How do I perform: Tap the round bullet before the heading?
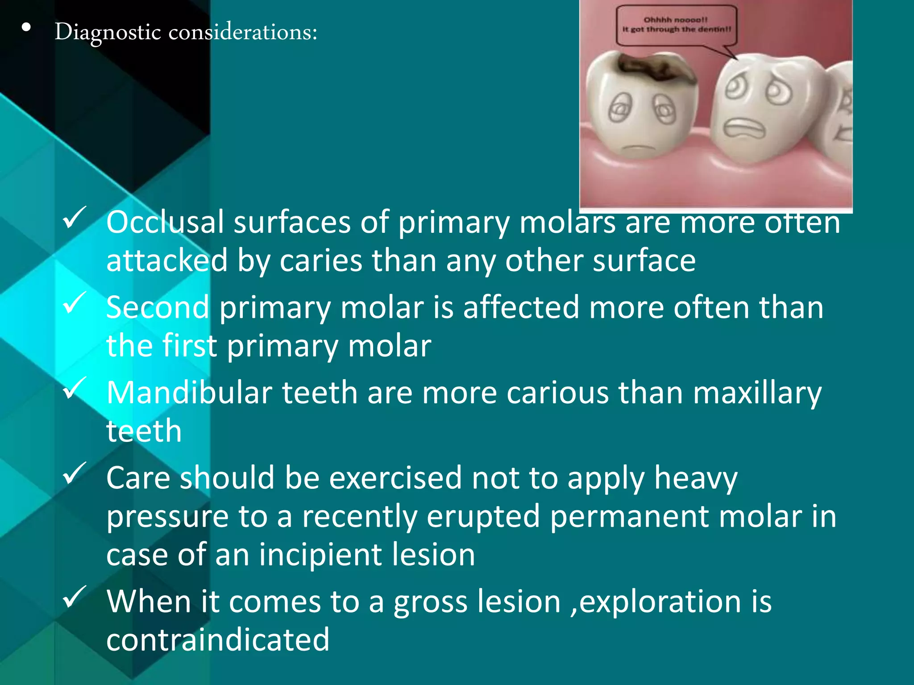26,28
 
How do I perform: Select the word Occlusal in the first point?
165,222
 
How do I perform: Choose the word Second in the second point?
158,308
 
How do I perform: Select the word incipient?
320,555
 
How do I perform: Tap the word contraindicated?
218,640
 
